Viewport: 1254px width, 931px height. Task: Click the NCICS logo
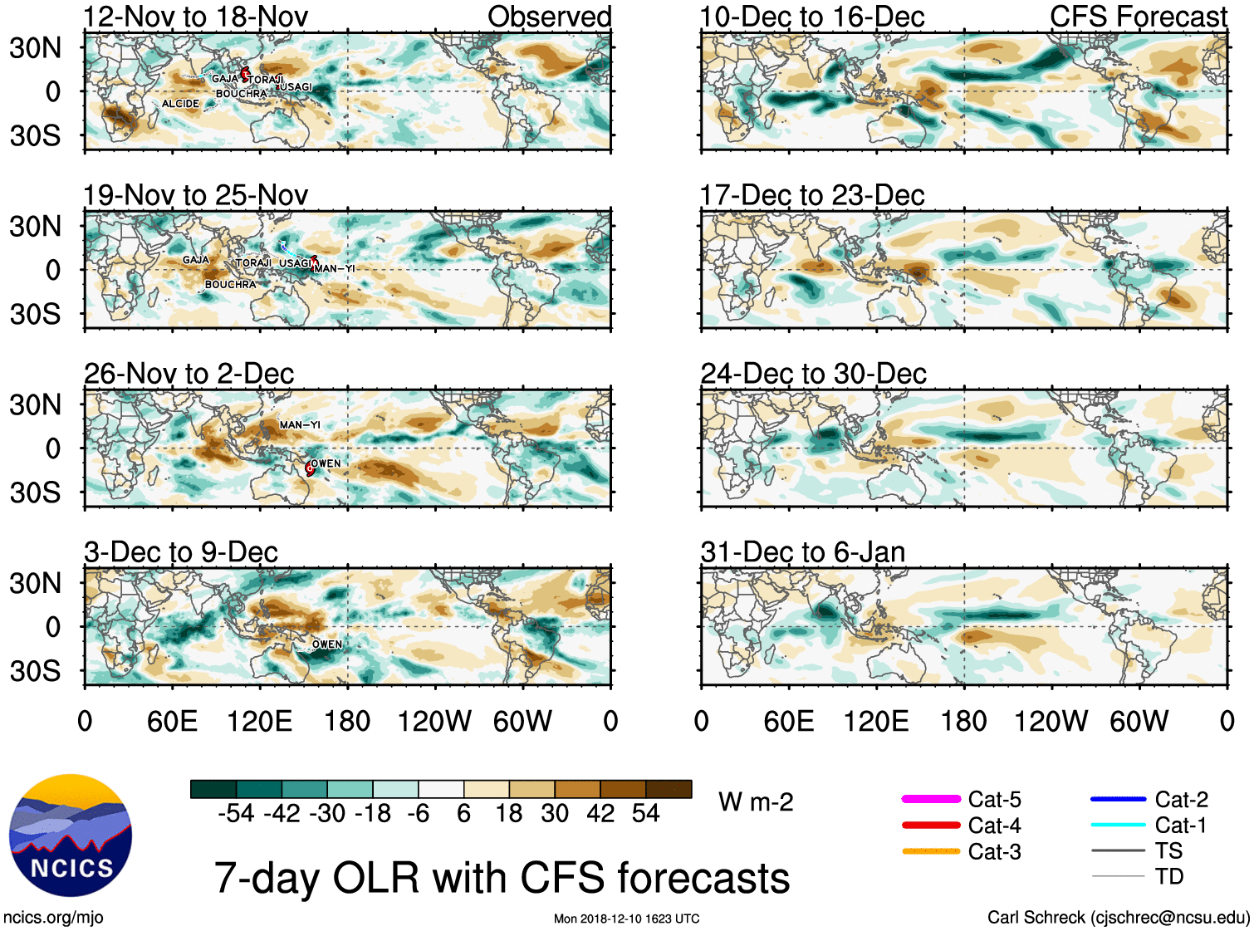(71, 835)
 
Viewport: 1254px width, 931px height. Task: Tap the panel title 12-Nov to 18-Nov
(195, 17)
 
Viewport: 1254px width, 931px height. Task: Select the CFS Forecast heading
(1138, 17)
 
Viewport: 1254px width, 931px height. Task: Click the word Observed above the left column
(549, 17)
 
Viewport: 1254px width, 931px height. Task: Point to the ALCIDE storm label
(180, 104)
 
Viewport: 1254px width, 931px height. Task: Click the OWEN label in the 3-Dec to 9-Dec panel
(326, 644)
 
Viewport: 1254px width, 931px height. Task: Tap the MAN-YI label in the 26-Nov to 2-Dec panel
(300, 424)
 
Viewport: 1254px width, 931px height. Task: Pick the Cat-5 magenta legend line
(931, 799)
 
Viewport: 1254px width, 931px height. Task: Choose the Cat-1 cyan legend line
(1118, 825)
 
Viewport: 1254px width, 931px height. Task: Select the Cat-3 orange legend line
(931, 851)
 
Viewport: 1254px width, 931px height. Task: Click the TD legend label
(1168, 876)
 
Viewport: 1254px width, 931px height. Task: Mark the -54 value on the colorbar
(236, 813)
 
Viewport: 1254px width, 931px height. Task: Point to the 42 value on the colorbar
(600, 813)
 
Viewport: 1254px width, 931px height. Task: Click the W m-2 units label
(756, 802)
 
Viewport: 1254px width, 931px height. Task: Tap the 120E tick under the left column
(259, 721)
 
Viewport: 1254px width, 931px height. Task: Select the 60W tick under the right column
(1139, 721)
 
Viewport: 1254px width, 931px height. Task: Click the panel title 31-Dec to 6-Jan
(802, 552)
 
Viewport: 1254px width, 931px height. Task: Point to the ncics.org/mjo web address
(53, 918)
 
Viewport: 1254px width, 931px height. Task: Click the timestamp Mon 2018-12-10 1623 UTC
(626, 919)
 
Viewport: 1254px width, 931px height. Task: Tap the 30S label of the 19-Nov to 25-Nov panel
(35, 314)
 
